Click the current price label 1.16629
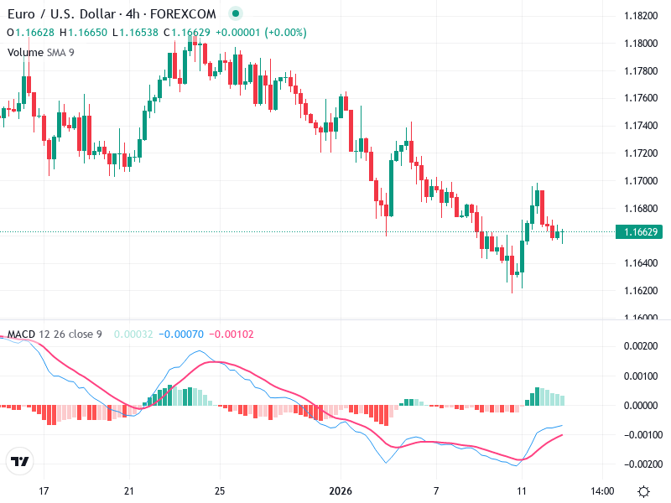[x=642, y=231]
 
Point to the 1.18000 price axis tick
[x=642, y=44]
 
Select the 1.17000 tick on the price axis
[x=642, y=180]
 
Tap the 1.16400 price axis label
[x=642, y=263]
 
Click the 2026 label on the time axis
[x=341, y=491]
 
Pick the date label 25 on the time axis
[x=219, y=491]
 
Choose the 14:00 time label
[x=603, y=491]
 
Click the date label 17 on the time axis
[x=44, y=491]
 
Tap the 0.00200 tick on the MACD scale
[x=642, y=346]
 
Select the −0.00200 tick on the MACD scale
[x=640, y=464]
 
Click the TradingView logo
[x=19, y=462]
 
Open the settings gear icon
[x=643, y=491]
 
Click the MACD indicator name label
[x=21, y=334]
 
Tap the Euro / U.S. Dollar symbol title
[x=68, y=14]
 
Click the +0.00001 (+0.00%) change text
[x=261, y=33]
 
